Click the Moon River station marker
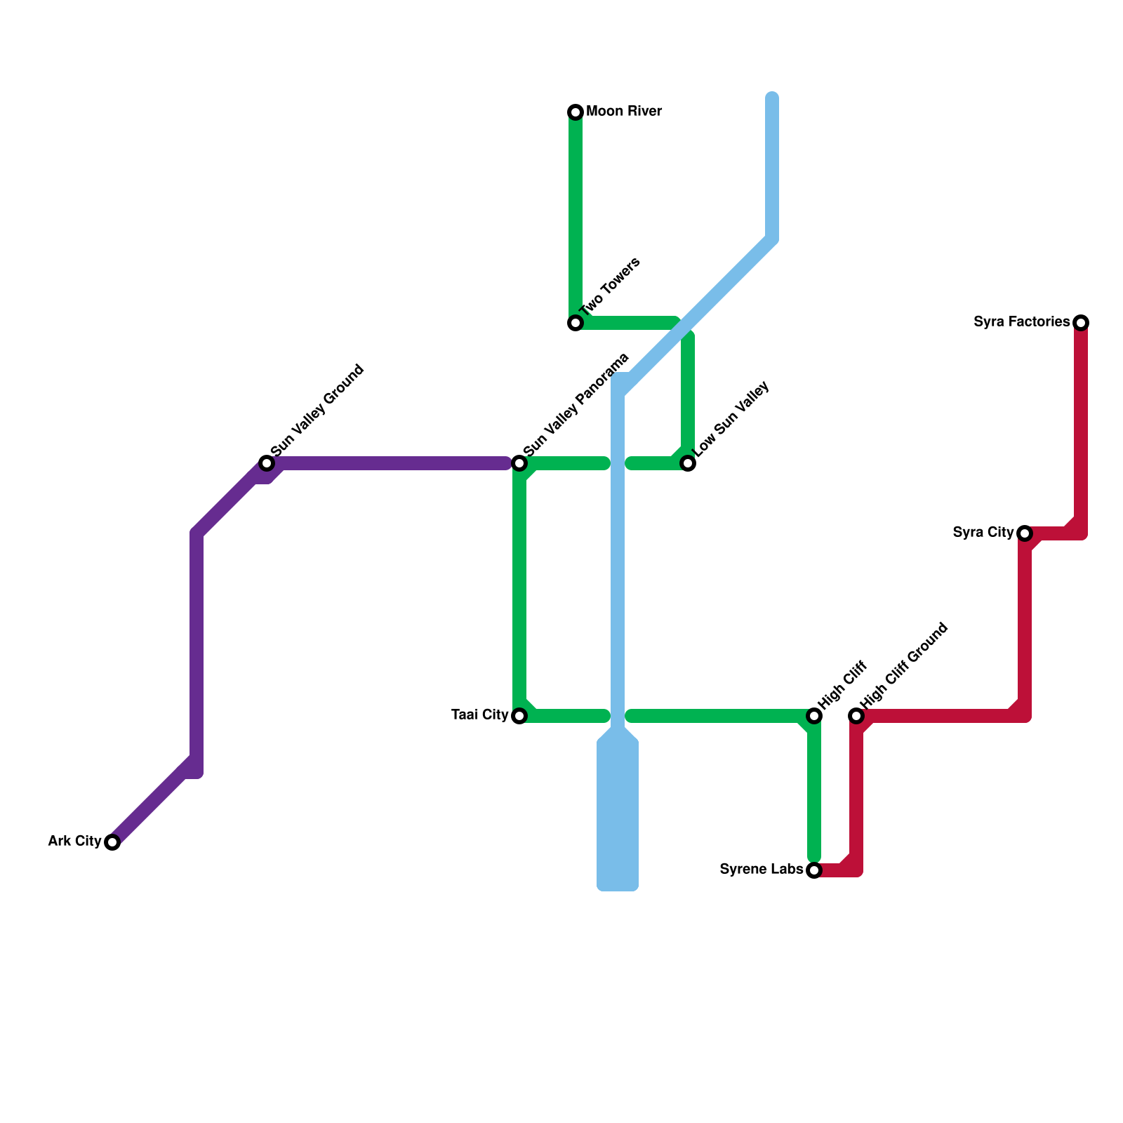click(x=576, y=112)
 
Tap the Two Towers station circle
click(x=576, y=323)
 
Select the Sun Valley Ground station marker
click(x=267, y=463)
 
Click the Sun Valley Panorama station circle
click(x=519, y=463)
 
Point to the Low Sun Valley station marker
click(x=688, y=463)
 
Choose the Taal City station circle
click(x=519, y=716)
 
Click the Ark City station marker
click(x=112, y=842)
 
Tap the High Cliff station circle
click(x=814, y=716)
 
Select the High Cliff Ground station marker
click(x=856, y=716)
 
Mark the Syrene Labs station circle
click(x=814, y=870)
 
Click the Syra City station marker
click(x=1025, y=533)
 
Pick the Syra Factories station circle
click(x=1081, y=323)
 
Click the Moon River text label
click(x=624, y=112)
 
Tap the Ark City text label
click(x=74, y=841)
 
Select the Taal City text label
click(x=480, y=715)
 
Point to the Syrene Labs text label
click(x=762, y=870)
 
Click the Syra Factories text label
click(x=1022, y=322)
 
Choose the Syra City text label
click(x=983, y=533)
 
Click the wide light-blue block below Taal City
click(x=618, y=814)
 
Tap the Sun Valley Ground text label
click(x=318, y=410)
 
